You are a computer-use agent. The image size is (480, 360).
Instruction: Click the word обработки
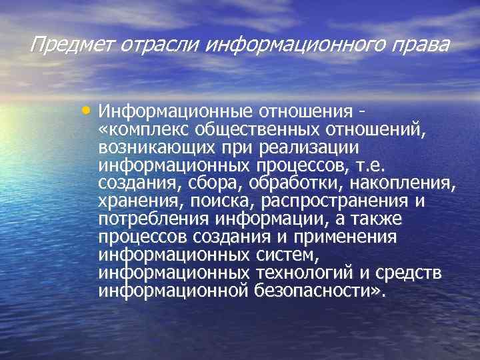[x=281, y=182]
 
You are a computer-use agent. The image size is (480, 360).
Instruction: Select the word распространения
[x=337, y=201]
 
